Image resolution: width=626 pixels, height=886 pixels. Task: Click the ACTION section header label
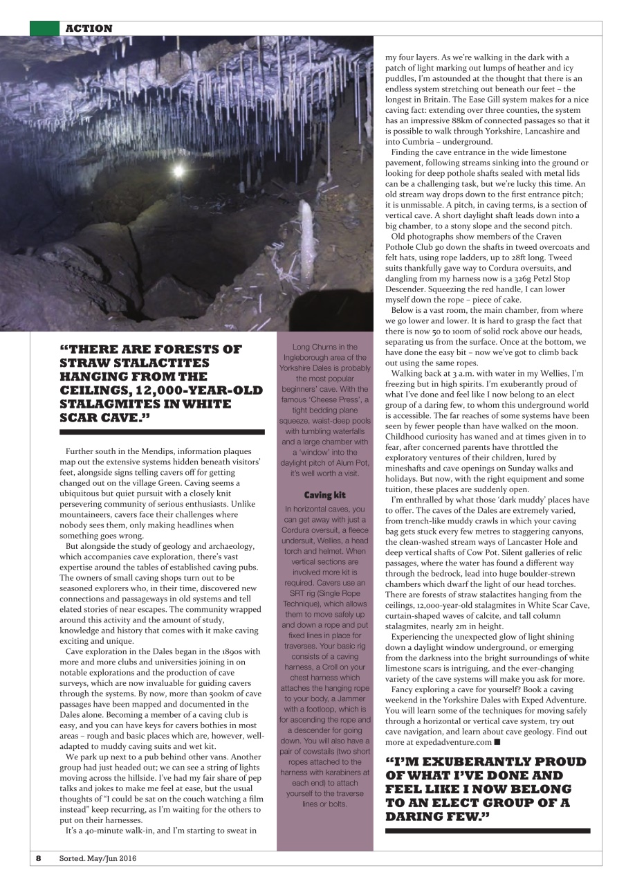[x=88, y=28]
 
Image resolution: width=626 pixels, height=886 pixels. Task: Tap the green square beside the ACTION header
[x=44, y=28]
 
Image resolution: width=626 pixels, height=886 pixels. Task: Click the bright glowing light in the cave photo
[x=179, y=170]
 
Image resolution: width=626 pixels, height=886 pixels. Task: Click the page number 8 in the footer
[x=39, y=858]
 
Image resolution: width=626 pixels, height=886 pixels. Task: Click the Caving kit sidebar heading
[x=324, y=495]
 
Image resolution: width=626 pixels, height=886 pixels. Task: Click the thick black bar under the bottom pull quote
[x=487, y=830]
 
